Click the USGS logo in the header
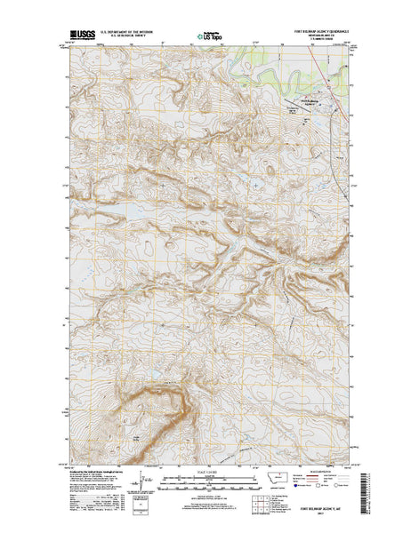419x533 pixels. [77, 38]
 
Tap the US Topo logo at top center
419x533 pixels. [210, 38]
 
